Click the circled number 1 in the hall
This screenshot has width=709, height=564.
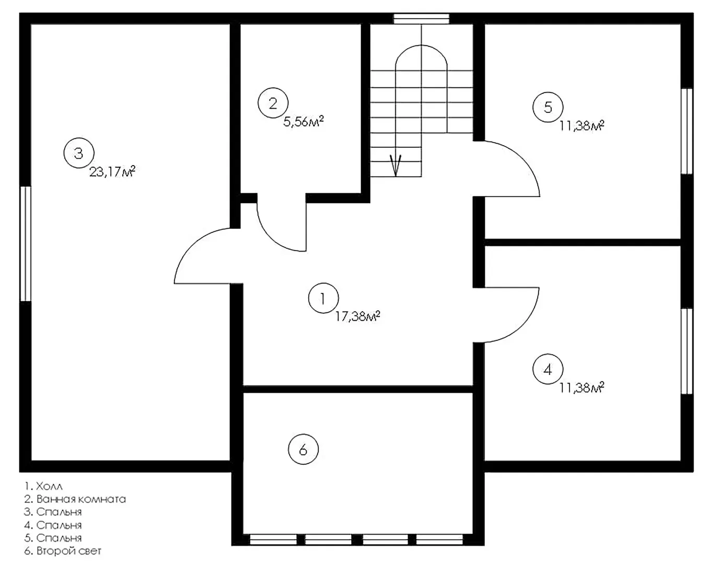click(323, 298)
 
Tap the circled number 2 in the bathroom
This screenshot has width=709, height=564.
click(273, 103)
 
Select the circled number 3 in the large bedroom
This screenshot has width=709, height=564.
click(79, 153)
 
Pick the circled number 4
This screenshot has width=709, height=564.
click(548, 369)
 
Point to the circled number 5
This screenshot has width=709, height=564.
click(548, 107)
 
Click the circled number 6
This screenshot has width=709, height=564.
click(303, 449)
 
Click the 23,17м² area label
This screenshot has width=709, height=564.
click(112, 171)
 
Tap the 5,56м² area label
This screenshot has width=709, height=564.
click(304, 121)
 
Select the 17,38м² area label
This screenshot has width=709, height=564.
click(358, 316)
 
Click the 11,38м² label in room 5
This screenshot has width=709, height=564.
click(582, 126)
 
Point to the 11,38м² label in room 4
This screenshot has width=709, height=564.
click(582, 388)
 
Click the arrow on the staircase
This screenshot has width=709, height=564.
click(396, 165)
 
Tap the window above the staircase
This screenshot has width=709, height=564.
click(422, 19)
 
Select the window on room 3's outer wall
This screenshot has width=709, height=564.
click(26, 244)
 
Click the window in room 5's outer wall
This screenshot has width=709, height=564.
click(687, 131)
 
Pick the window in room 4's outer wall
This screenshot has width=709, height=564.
click(687, 351)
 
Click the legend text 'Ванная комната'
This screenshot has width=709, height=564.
click(81, 499)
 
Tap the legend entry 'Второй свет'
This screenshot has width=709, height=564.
click(69, 550)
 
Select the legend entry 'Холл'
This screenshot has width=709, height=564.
click(50, 486)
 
